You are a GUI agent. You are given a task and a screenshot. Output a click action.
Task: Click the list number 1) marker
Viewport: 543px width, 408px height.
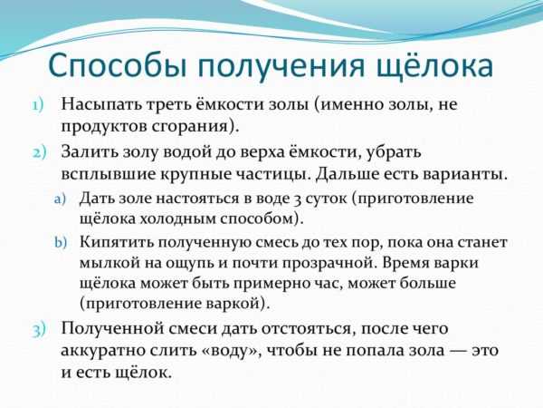coord(38,105)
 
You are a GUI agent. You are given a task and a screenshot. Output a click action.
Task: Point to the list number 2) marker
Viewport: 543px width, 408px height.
coord(39,153)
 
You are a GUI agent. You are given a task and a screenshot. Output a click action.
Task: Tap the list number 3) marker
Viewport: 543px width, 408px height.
coord(39,330)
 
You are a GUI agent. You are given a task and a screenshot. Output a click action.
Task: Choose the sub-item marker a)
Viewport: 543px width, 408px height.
coord(60,199)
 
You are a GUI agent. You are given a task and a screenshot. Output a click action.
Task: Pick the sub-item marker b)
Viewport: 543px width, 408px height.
coord(61,241)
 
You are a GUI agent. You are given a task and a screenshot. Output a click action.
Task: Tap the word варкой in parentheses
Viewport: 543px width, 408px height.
coord(236,303)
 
